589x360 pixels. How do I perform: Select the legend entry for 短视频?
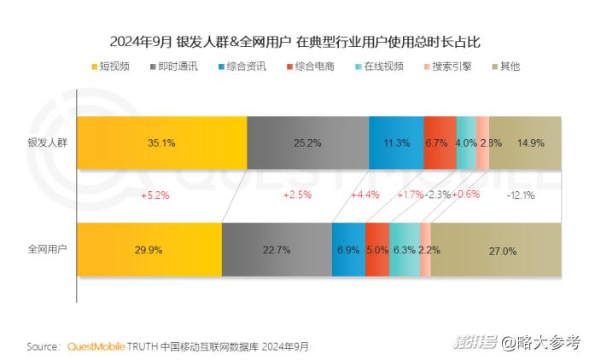(x=114, y=66)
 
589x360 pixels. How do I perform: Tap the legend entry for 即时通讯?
(x=174, y=66)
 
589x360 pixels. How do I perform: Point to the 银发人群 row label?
(x=47, y=142)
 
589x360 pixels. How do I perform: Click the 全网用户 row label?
(x=47, y=250)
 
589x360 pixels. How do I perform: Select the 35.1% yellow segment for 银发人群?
(x=161, y=142)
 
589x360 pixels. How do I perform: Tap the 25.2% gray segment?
(x=307, y=142)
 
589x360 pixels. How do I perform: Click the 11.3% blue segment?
(x=396, y=142)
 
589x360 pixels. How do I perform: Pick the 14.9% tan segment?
(x=525, y=142)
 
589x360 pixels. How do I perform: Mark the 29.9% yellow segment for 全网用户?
(x=149, y=250)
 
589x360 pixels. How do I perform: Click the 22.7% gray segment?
(x=277, y=250)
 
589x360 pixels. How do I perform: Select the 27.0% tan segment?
(x=496, y=250)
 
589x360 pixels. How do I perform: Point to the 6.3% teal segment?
(x=405, y=250)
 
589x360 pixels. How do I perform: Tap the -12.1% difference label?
(x=520, y=195)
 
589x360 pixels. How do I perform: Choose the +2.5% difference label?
(x=297, y=195)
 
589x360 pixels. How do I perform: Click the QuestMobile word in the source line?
(x=96, y=346)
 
